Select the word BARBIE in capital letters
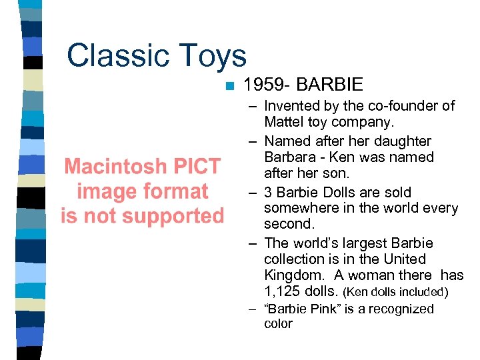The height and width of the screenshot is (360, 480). pos(329,85)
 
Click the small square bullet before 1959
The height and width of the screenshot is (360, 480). pos(229,85)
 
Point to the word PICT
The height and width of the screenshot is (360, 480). pos(198,166)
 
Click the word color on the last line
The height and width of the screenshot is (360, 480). pos(278,324)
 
